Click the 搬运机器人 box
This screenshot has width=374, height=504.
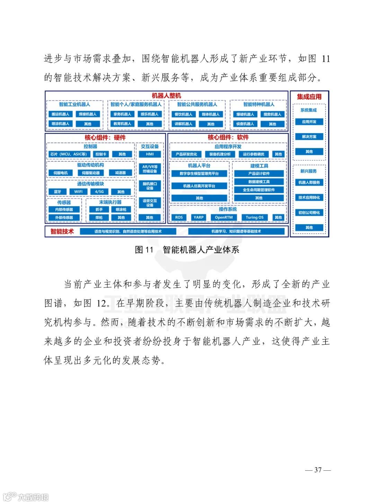pyautogui.click(x=60, y=114)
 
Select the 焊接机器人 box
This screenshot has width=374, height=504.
pyautogui.click(x=88, y=114)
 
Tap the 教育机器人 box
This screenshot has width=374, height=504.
pyautogui.click(x=122, y=124)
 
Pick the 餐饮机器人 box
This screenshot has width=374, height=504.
pyautogui.click(x=183, y=114)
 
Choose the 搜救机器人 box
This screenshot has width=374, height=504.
pyautogui.click(x=272, y=114)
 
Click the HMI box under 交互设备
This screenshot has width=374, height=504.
pyautogui.click(x=150, y=154)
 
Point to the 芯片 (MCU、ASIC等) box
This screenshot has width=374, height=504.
pyautogui.click(x=68, y=154)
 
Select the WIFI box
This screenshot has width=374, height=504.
pyautogui.click(x=78, y=192)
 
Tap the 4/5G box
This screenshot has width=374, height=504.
pyautogui.click(x=99, y=192)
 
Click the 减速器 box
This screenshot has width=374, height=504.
pyautogui.click(x=121, y=173)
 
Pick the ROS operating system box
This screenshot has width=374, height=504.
pyautogui.click(x=179, y=218)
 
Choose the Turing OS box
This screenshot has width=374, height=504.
pyautogui.click(x=255, y=218)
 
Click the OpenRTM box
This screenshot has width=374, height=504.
pyautogui.click(x=224, y=218)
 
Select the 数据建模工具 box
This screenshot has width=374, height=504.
pyautogui.click(x=259, y=182)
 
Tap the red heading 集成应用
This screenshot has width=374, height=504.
pyautogui.click(x=309, y=97)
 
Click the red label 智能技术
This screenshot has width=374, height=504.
pyautogui.click(x=62, y=231)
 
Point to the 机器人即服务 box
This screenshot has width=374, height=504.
pyautogui.click(x=309, y=183)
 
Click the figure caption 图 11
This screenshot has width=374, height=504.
pyautogui.click(x=144, y=250)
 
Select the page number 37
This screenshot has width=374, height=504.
pyautogui.click(x=318, y=470)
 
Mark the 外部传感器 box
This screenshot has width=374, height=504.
pyautogui.click(x=64, y=218)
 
